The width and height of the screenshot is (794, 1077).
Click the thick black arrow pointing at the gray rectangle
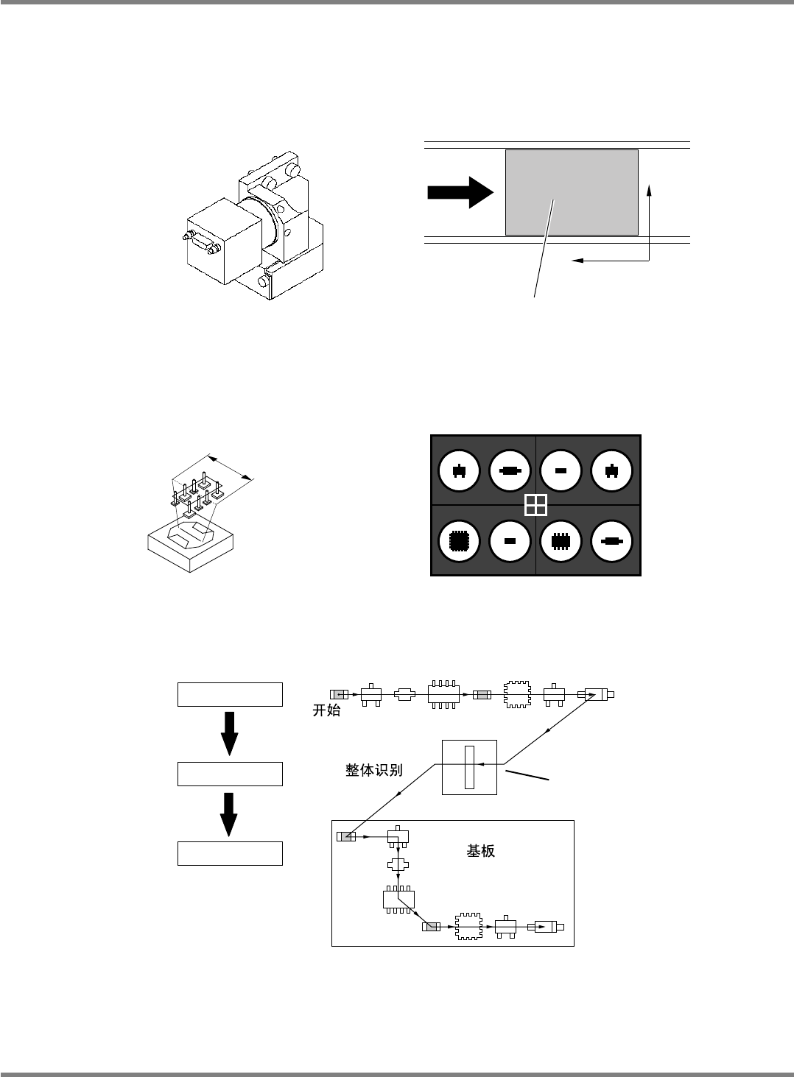click(x=460, y=192)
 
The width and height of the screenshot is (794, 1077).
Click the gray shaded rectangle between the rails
click(x=572, y=192)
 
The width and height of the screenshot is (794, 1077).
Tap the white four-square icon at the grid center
click(x=535, y=505)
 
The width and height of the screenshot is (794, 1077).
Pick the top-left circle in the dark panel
click(x=458, y=470)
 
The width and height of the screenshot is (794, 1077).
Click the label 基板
click(x=481, y=851)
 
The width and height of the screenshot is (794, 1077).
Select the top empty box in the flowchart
click(x=230, y=694)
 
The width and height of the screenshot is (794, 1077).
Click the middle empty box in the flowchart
click(x=230, y=774)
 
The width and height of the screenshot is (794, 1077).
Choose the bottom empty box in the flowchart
click(x=230, y=853)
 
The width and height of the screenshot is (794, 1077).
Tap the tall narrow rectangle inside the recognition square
click(x=470, y=766)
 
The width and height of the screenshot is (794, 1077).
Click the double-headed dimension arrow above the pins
click(x=230, y=467)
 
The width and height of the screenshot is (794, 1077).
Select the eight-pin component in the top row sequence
click(x=444, y=694)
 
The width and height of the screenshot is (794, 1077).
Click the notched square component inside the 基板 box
click(x=468, y=926)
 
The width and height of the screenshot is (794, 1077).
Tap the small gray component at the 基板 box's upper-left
click(x=345, y=836)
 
